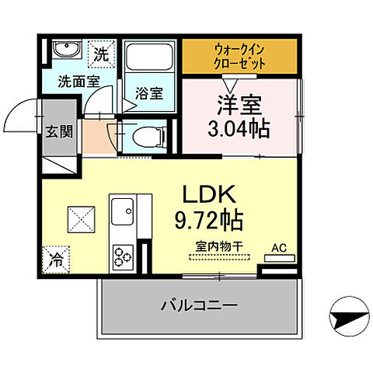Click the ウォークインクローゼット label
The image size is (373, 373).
click(239, 55)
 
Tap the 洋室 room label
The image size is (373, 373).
click(238, 103)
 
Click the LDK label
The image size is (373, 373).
click(211, 193)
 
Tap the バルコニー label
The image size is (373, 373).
click(198, 304)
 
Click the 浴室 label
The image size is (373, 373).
click(150, 92)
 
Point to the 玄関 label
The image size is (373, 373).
click(59, 130)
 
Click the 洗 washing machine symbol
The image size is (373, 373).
click(101, 54)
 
